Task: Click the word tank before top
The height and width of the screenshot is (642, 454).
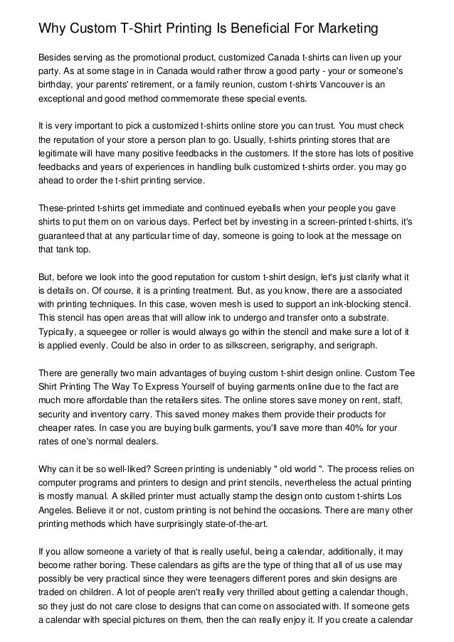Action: pyautogui.click(x=65, y=249)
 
